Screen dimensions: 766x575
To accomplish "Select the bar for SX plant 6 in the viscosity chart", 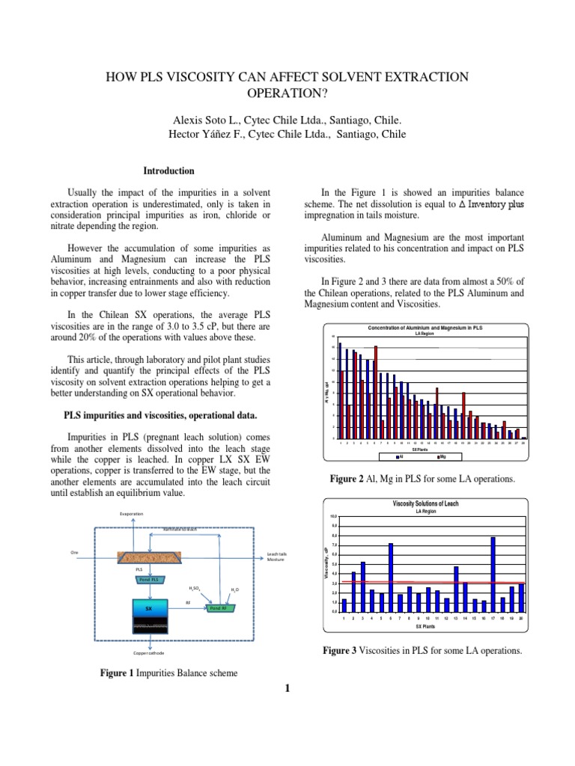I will click(x=391, y=577).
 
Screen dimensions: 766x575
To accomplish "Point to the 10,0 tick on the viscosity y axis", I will click(x=334, y=516).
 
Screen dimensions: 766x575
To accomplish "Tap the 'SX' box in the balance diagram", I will click(x=149, y=609).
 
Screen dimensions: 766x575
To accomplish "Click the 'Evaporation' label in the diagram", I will click(x=132, y=514).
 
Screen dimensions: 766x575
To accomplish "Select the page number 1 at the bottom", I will click(x=287, y=689).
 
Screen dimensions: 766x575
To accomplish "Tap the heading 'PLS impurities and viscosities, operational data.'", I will click(x=161, y=414).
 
